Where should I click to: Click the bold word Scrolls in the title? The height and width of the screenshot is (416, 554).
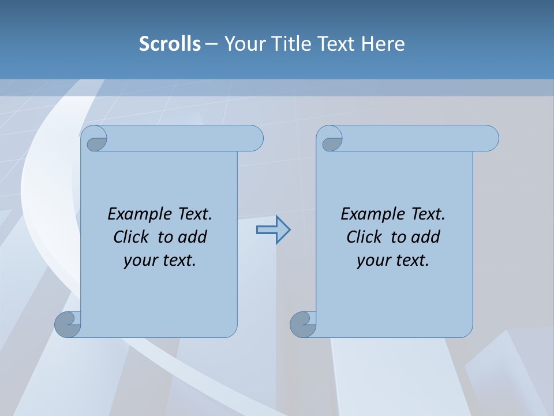click(x=170, y=44)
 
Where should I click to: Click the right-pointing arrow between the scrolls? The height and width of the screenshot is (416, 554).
click(x=274, y=230)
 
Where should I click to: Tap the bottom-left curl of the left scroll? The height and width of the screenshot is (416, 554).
click(x=68, y=324)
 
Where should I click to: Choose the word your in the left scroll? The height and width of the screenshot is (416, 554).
click(x=140, y=261)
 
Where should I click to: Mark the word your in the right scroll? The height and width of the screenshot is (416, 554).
click(x=373, y=261)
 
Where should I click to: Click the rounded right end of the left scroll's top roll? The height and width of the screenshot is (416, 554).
click(x=254, y=138)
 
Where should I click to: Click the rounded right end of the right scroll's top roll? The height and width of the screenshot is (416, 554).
click(x=490, y=138)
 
